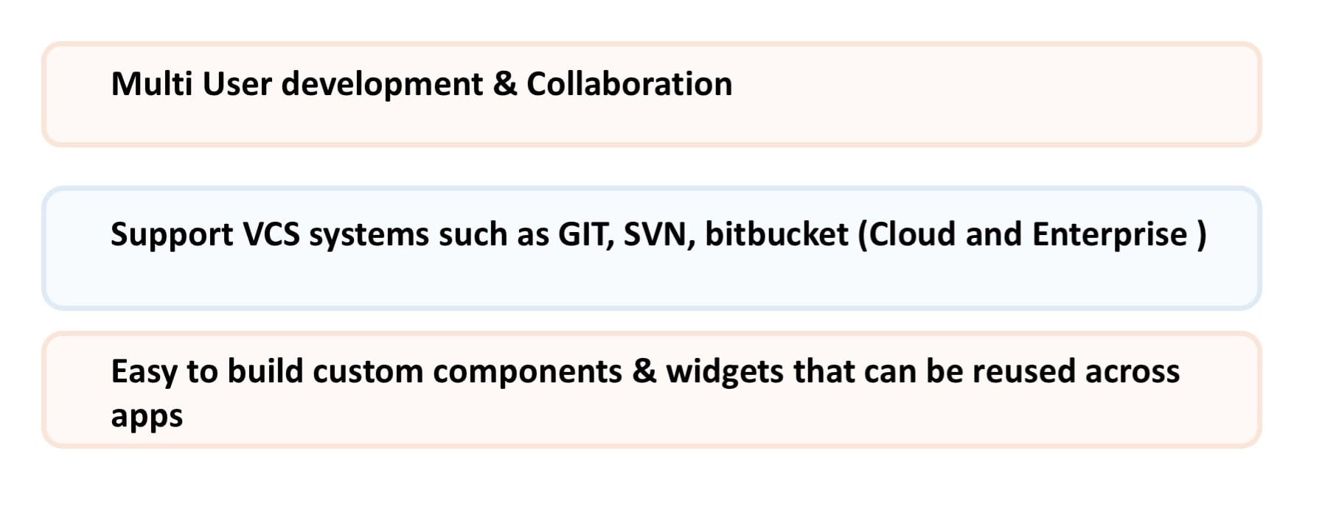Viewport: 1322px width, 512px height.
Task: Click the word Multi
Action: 151,84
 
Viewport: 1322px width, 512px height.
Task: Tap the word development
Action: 382,85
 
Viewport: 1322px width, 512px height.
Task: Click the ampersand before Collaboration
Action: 505,85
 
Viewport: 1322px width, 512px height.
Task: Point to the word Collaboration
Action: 630,84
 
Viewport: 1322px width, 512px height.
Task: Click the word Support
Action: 172,236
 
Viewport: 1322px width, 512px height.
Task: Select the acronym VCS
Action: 271,234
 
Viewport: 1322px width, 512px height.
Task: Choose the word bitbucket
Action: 777,234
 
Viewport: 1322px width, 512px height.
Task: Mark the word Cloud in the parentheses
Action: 907,234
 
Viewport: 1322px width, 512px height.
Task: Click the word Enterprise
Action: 1110,236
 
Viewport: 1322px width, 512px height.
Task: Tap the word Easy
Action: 144,373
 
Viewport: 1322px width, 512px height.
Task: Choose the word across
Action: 1133,373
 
